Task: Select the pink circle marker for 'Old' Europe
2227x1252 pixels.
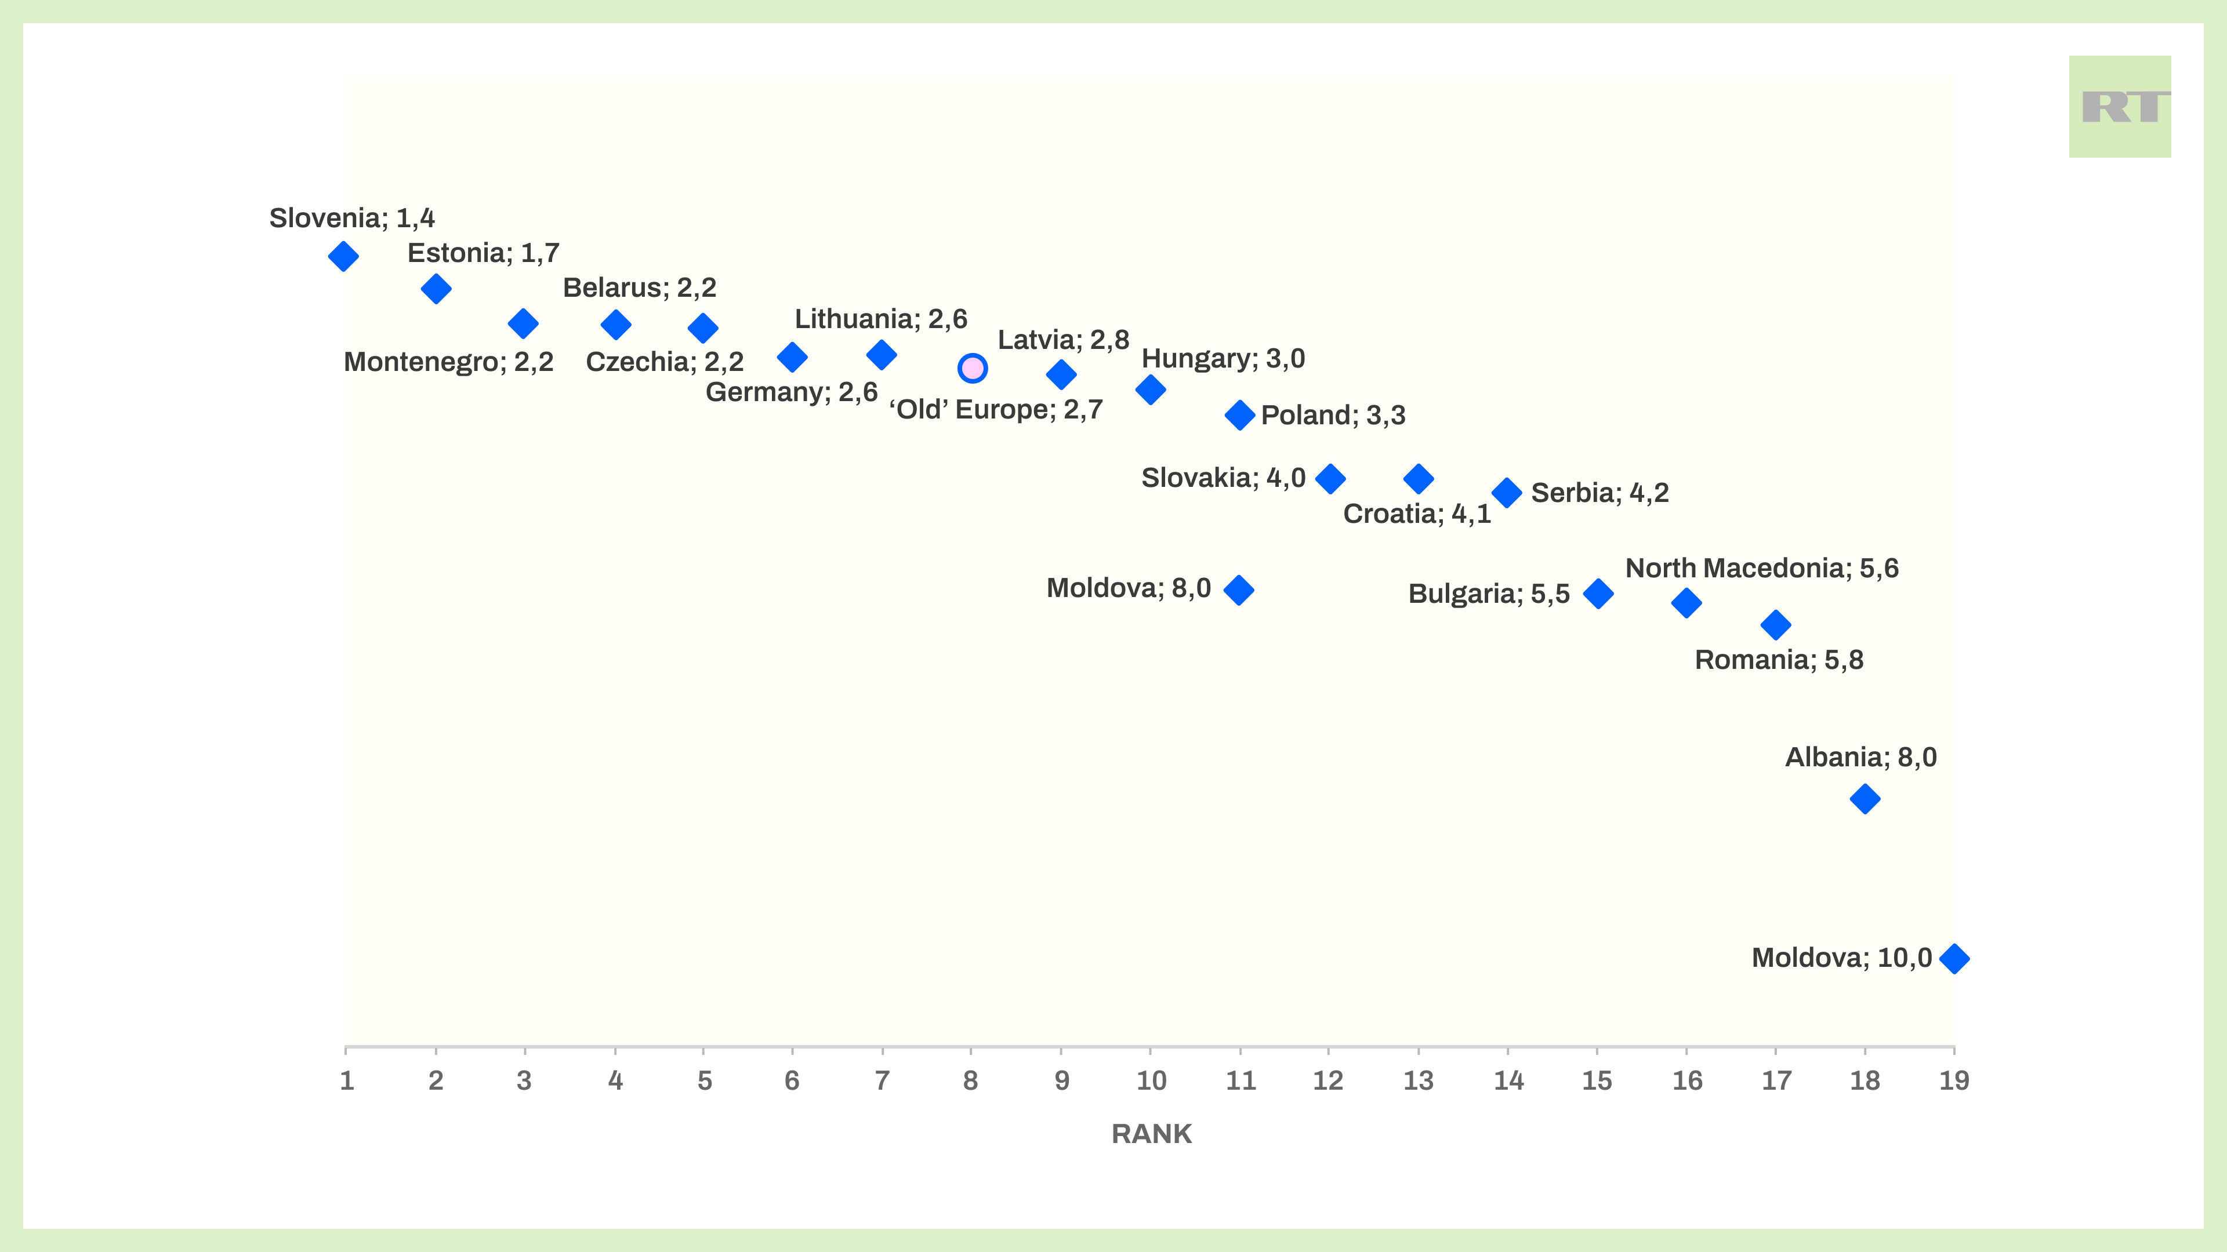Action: coord(972,368)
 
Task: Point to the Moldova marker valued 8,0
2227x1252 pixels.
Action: coord(1239,590)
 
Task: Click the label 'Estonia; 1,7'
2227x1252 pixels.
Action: coord(483,253)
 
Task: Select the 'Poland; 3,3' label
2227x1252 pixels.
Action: coord(1333,416)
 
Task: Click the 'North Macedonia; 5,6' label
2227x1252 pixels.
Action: coord(1762,569)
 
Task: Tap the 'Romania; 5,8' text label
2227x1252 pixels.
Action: coord(1778,660)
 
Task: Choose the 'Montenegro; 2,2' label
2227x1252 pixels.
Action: coord(448,362)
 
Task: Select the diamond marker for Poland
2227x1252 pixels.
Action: coord(1240,415)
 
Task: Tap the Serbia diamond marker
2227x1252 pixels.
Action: coord(1507,493)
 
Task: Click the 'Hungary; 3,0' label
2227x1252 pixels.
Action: coord(1223,359)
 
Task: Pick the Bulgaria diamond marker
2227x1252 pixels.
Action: coord(1598,594)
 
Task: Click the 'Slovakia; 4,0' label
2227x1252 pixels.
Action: coord(1223,478)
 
